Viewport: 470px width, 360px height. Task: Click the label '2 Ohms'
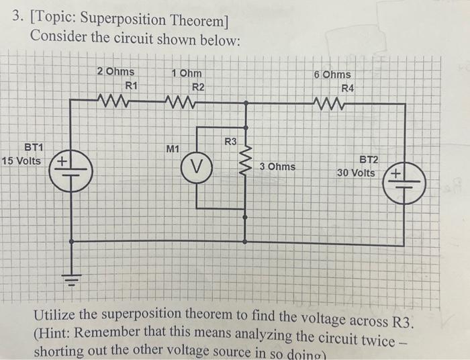pyautogui.click(x=115, y=72)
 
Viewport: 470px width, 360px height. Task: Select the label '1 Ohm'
pyautogui.click(x=185, y=73)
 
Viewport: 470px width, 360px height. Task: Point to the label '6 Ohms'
pyautogui.click(x=332, y=75)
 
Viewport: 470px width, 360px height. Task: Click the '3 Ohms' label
pyautogui.click(x=277, y=166)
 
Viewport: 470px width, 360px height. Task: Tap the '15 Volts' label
pyautogui.click(x=21, y=161)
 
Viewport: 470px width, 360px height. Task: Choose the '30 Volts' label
pyautogui.click(x=357, y=173)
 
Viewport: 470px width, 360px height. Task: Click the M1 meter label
pyautogui.click(x=172, y=148)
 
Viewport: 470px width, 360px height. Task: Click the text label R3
pyautogui.click(x=230, y=141)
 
